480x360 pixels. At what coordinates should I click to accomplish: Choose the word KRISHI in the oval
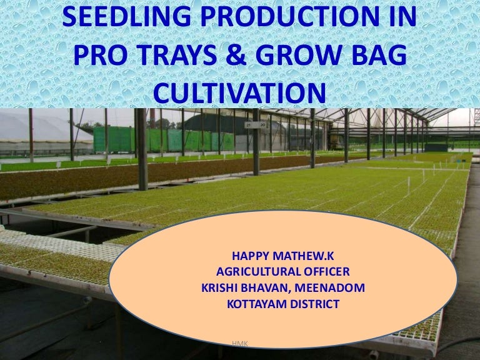coord(222,288)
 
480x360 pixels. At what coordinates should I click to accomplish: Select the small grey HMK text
coord(239,343)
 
